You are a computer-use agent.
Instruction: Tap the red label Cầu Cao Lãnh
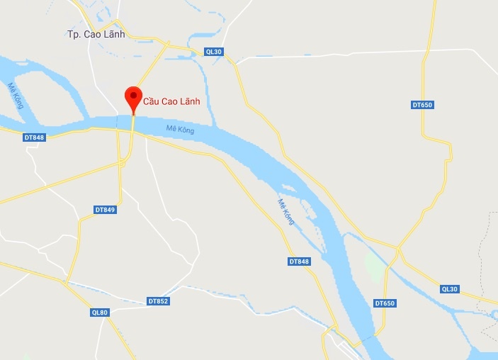[x=171, y=101]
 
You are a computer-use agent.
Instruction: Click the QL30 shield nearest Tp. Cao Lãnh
[x=213, y=51]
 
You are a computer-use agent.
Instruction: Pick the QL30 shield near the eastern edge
[x=450, y=288]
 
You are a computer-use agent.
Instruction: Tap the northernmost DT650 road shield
[x=421, y=105]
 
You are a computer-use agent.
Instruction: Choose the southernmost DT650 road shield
[x=384, y=303]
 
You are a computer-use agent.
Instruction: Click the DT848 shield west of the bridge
[x=34, y=137]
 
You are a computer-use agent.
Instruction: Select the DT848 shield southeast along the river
[x=300, y=261]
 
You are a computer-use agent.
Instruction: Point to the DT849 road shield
[x=105, y=210]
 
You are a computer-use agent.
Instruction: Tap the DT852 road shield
[x=158, y=301]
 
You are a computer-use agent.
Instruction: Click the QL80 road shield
[x=100, y=313]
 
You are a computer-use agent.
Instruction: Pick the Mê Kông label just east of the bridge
[x=180, y=129]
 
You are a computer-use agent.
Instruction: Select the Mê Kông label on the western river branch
[x=16, y=96]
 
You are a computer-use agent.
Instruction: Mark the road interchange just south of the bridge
[x=122, y=162]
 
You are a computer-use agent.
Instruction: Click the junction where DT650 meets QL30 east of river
[x=399, y=249]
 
